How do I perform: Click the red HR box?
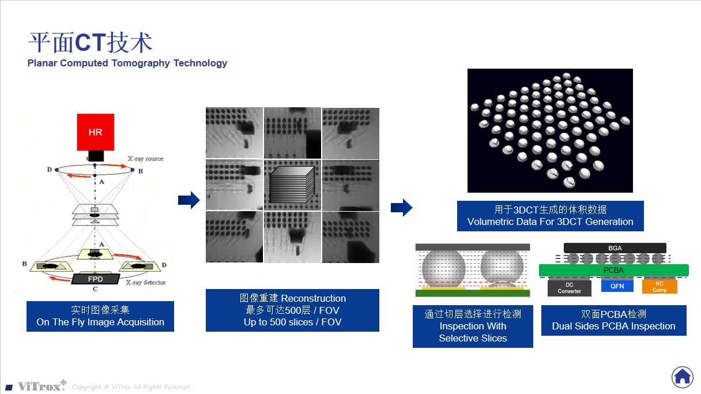click(95, 132)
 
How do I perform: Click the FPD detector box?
click(95, 279)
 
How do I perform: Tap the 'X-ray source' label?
click(145, 159)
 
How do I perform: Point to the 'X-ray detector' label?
click(146, 283)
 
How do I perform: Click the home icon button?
click(682, 377)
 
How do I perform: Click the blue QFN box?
click(617, 286)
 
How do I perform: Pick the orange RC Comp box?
click(659, 287)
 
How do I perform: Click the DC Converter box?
click(569, 287)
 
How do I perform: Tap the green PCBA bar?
click(613, 270)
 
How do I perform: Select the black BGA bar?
click(615, 248)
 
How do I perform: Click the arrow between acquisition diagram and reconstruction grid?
click(189, 200)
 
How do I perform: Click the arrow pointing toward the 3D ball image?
click(401, 208)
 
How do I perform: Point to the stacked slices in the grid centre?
click(292, 185)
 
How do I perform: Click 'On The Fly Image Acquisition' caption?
click(100, 322)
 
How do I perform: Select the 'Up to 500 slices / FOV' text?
click(292, 322)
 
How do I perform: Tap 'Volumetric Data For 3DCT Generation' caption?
click(550, 222)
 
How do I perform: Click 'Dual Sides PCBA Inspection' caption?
click(613, 326)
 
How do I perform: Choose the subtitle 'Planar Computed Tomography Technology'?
click(127, 63)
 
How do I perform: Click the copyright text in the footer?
click(131, 387)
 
